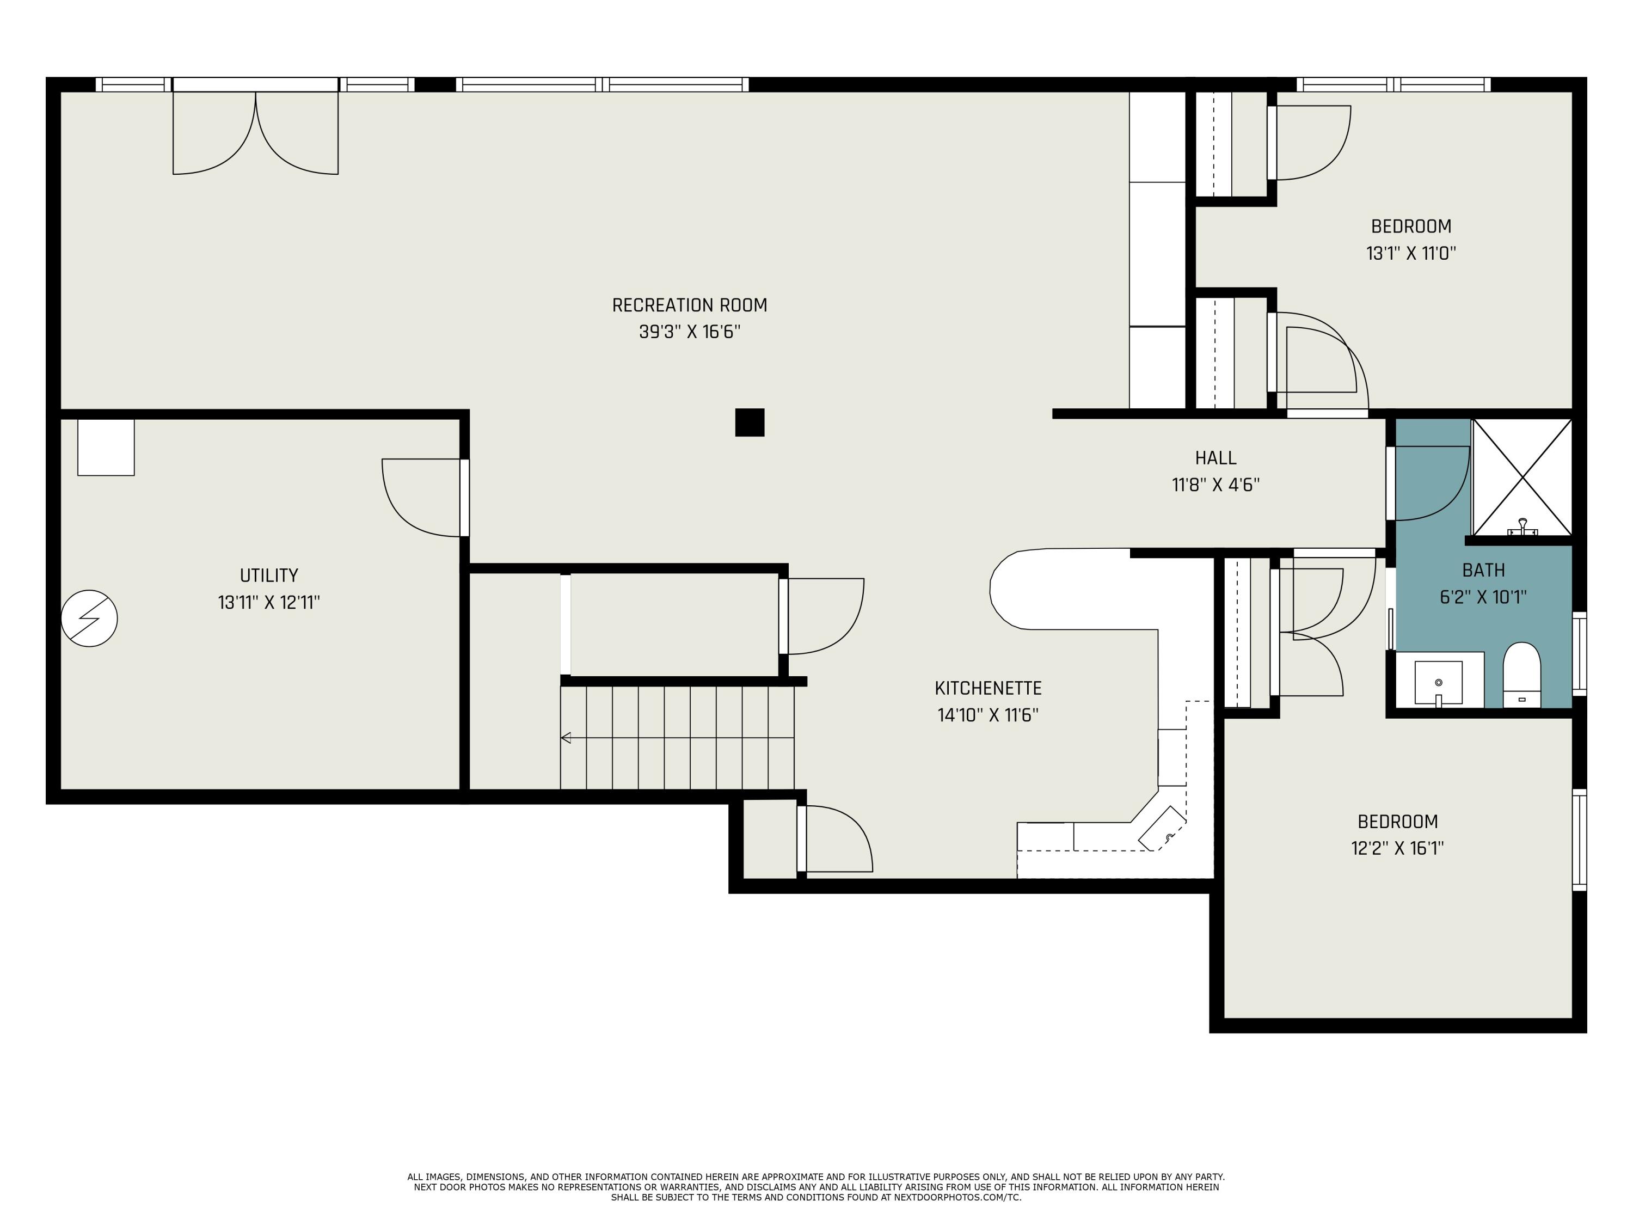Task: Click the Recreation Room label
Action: tap(690, 305)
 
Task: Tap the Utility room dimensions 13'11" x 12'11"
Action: tap(269, 603)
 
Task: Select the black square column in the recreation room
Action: tap(750, 422)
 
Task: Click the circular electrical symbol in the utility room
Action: tap(89, 618)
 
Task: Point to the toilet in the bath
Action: tap(1521, 675)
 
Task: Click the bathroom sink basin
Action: tap(1438, 682)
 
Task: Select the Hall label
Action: tap(1215, 458)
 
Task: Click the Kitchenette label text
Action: tap(988, 688)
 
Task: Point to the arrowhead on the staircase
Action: tap(566, 737)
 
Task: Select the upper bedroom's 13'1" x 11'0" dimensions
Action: tap(1411, 253)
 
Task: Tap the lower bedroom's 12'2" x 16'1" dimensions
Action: tap(1397, 848)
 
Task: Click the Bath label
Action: tap(1483, 570)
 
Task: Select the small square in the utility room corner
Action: tap(106, 448)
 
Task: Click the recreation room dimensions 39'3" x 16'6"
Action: tap(690, 332)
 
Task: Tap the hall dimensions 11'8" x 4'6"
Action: tap(1215, 485)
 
